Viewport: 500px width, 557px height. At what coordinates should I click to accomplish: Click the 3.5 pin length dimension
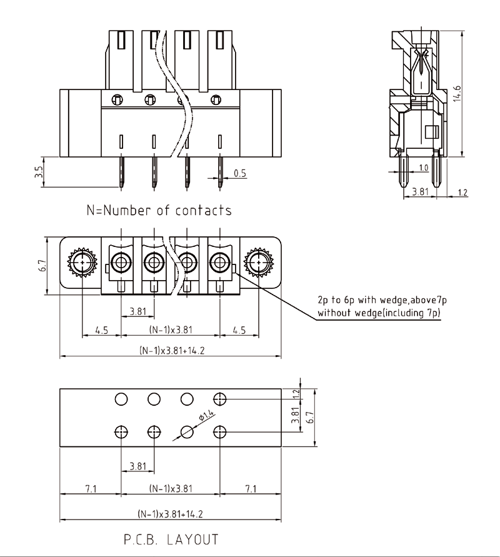tap(39, 172)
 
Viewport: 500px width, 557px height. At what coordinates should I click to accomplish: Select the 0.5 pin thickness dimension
tap(239, 173)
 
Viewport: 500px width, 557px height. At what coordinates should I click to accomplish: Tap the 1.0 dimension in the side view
tap(423, 168)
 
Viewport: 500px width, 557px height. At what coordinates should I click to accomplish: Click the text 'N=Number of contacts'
tap(159, 210)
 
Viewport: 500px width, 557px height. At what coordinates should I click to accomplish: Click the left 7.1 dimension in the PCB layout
tap(91, 488)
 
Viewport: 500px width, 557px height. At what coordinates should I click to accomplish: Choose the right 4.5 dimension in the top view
tap(237, 330)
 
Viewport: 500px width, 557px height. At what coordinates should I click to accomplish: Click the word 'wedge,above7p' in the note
tap(403, 301)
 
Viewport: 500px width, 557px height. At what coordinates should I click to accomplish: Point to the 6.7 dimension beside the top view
tap(41, 265)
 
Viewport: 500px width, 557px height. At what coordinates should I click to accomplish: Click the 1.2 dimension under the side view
tap(462, 193)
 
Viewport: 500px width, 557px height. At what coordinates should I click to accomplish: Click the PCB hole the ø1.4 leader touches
tap(187, 431)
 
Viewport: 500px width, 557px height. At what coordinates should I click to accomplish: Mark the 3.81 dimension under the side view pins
tap(421, 193)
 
